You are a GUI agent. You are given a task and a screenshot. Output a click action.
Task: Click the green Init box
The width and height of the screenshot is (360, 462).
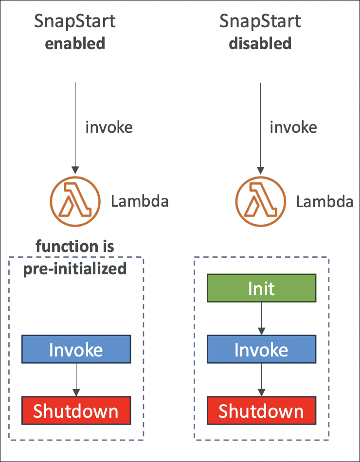coord(261,288)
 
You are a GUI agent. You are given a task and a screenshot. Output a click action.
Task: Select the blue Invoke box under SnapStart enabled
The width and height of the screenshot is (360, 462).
coord(76,349)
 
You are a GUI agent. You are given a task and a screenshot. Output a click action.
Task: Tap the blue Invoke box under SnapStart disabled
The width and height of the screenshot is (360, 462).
coord(261,349)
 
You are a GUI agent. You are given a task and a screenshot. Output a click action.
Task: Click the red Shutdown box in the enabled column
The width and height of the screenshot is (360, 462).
coord(76,410)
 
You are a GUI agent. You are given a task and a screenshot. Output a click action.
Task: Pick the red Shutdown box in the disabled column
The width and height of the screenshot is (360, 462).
coord(261,410)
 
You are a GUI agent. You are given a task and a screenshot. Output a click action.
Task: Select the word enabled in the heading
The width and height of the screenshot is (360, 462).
coord(75,43)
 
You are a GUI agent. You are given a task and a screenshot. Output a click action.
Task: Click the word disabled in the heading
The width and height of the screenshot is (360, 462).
coord(260,43)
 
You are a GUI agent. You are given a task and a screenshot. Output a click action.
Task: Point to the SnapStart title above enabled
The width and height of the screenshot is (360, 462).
coord(75,22)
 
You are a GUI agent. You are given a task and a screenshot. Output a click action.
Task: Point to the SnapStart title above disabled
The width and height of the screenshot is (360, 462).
coord(260,22)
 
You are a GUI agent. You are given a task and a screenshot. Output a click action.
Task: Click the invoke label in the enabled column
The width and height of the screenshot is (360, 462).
coord(109,127)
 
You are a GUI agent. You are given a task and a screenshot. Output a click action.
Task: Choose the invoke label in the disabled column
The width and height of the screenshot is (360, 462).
coord(293,127)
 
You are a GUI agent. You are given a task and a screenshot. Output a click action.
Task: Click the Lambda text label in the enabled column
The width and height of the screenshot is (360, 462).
coord(140,201)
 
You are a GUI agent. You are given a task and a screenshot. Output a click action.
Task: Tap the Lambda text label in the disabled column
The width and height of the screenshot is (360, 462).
coord(325,201)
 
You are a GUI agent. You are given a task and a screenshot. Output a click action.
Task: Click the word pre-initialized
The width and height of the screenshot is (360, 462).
coord(75,268)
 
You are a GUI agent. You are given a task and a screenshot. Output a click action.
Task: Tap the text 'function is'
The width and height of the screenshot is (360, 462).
coord(75,246)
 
